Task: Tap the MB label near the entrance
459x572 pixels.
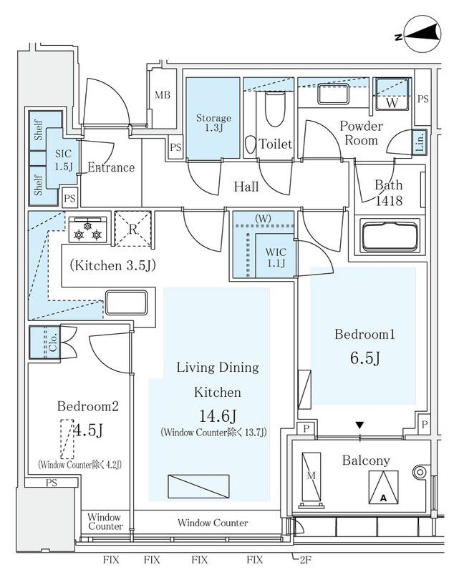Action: coord(163,95)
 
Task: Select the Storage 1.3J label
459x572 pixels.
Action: coord(213,123)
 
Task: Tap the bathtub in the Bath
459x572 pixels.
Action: coord(387,235)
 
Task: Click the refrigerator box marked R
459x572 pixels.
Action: coord(133,229)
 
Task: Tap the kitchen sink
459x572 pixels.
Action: coord(126,302)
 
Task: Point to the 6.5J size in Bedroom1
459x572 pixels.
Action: coord(365,357)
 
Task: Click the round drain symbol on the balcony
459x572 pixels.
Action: coord(419,472)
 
